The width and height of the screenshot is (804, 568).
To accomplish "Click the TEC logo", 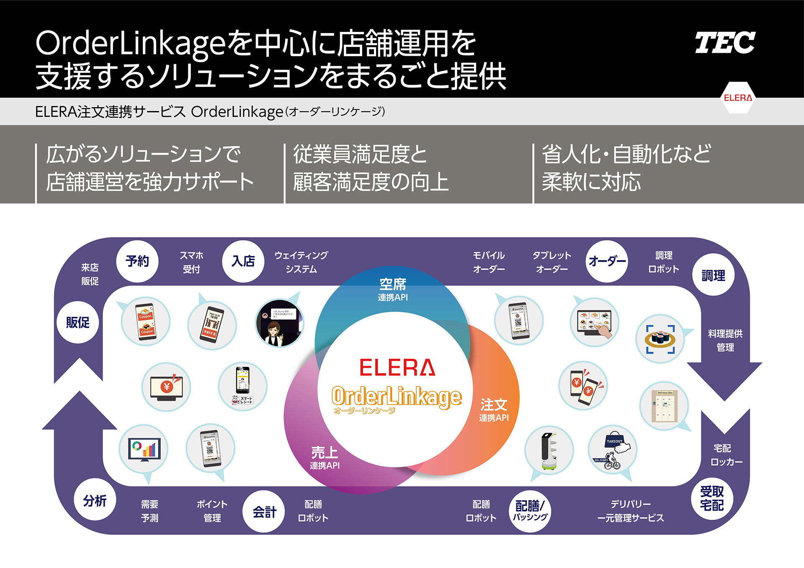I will point(725,43).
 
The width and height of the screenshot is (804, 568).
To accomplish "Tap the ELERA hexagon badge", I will point(738,98).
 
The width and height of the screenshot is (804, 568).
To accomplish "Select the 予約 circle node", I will point(137,261).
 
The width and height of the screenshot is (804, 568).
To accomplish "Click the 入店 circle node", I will point(243,261).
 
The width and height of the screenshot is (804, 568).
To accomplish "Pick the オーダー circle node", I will point(607,261).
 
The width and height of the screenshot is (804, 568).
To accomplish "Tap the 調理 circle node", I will point(713,275).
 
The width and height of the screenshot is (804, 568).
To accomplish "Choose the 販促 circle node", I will point(78,322).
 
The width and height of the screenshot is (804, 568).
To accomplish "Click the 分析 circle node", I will point(95,500).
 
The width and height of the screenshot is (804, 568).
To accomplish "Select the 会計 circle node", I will point(264,511).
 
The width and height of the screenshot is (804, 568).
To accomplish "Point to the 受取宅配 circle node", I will point(712,498).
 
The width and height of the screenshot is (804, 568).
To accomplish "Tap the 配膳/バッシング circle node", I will point(530,511).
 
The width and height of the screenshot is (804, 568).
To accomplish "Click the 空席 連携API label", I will point(393,289).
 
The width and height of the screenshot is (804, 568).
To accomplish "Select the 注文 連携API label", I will point(494,410).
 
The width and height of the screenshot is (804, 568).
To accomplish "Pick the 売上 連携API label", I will point(325,457).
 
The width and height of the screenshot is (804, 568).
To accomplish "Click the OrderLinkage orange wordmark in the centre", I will point(396,397).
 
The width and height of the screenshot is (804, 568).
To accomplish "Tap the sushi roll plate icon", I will point(660,339).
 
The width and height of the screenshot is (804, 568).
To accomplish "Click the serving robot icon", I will point(549,451).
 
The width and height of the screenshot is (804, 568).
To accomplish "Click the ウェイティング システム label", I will point(301,262).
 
